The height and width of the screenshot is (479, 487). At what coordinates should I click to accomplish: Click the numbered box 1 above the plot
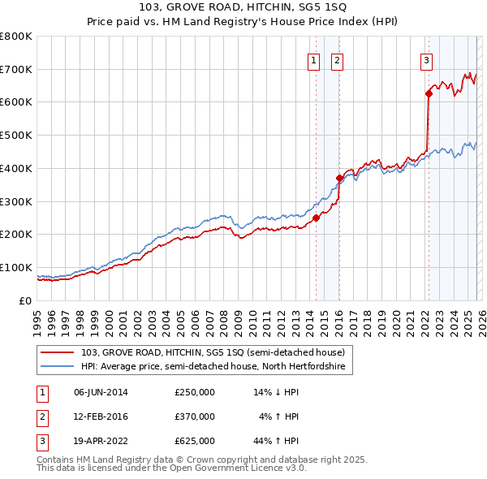[313, 58]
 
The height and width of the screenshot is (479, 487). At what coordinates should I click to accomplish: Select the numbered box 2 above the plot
[336, 58]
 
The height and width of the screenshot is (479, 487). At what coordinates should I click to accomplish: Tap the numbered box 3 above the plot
[425, 58]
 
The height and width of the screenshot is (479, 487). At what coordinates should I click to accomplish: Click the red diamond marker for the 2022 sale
[429, 94]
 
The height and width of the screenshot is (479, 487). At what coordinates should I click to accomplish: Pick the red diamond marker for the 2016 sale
[339, 178]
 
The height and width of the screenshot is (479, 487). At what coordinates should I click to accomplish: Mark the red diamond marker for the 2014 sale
[316, 218]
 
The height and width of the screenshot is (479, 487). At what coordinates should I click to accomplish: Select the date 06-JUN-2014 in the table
[101, 392]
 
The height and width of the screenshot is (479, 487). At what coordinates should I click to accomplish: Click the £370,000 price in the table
[195, 416]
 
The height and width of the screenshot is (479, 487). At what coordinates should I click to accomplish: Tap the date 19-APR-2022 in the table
[101, 441]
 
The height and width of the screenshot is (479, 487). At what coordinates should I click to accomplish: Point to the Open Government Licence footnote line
[172, 468]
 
